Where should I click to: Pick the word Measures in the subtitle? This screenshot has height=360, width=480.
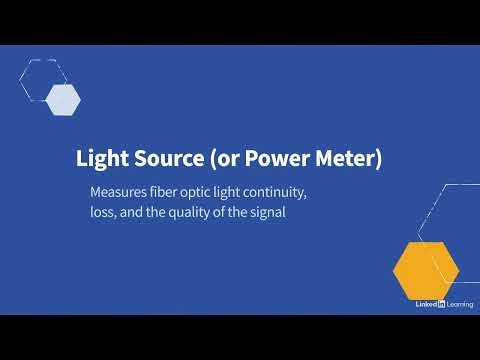[119, 190]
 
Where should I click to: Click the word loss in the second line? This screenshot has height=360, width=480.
[103, 211]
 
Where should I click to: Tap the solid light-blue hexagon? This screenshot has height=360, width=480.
[63, 98]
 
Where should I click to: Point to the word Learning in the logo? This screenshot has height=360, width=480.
[460, 303]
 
